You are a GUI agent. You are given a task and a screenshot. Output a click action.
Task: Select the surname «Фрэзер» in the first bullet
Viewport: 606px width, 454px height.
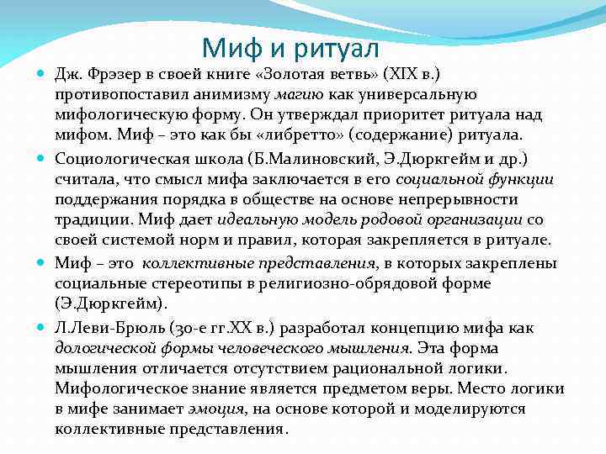pos(113,73)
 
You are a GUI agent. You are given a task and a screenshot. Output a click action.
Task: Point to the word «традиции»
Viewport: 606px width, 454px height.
pos(90,219)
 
